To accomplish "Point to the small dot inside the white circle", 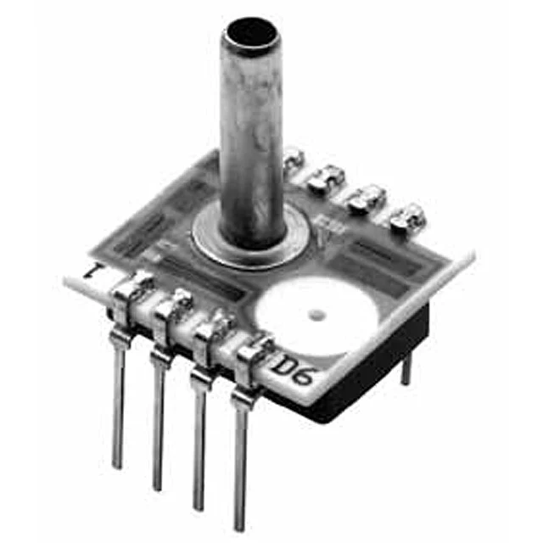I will tap(316, 316).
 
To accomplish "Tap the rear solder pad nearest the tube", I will tap(293, 156).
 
